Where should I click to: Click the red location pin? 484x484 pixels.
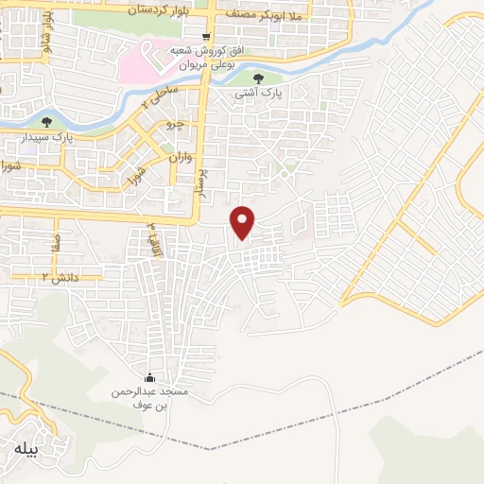[244, 222]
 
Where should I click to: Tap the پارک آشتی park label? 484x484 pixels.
[259, 95]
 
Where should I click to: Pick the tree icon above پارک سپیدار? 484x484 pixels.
[48, 121]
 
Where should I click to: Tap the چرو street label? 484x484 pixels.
[172, 124]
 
